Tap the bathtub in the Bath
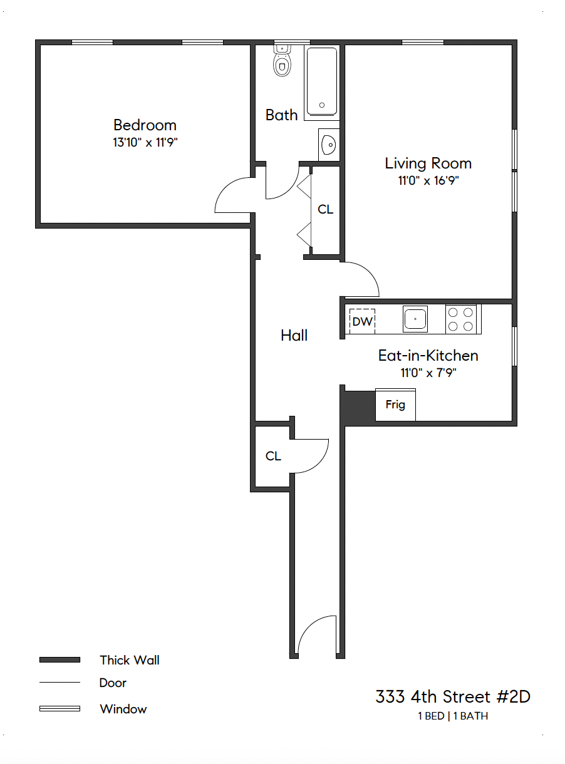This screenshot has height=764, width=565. click(x=322, y=81)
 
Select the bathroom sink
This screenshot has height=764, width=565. click(x=328, y=145)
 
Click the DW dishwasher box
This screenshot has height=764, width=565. click(x=362, y=322)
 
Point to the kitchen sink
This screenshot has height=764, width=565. click(x=415, y=319)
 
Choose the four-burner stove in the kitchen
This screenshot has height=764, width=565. click(x=461, y=319)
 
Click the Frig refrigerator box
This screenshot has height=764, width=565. click(x=395, y=405)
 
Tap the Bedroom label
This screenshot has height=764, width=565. click(x=145, y=125)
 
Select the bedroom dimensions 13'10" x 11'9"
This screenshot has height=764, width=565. click(x=145, y=143)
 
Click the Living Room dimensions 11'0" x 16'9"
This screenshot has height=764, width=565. click(x=428, y=182)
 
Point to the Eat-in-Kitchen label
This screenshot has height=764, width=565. click(x=428, y=356)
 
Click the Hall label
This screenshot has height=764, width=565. click(x=294, y=336)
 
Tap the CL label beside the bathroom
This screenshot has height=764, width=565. click(x=326, y=210)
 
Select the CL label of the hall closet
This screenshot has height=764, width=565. click(x=273, y=456)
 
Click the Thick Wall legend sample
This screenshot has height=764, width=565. click(x=60, y=660)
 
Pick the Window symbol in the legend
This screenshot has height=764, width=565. click(x=60, y=709)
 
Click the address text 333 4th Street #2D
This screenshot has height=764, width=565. click(x=453, y=696)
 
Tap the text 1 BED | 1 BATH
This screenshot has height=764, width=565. click(x=453, y=716)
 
